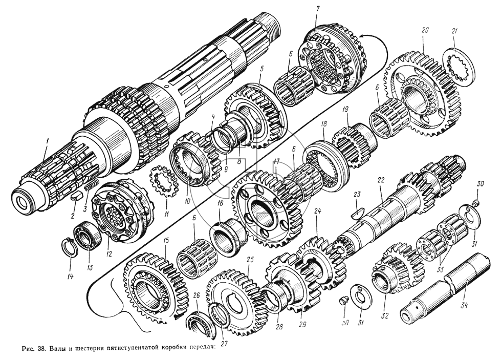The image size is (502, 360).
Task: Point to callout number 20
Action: click(x=425, y=30)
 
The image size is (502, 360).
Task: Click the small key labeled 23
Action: click(x=359, y=209)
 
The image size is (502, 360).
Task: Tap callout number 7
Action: click(x=317, y=9)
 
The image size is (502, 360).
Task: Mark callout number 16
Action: click(x=221, y=203)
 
